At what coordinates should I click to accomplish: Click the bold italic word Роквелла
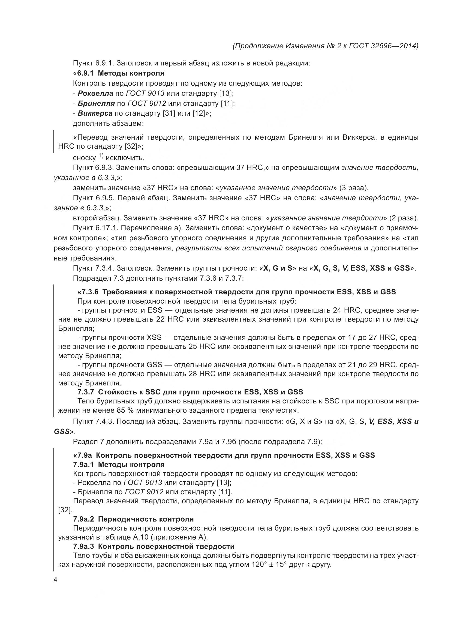click(x=95, y=93)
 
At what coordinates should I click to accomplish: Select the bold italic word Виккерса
click(x=95, y=113)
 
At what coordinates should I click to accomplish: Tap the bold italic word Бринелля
click(x=96, y=103)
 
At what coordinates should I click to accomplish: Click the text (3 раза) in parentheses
click(x=354, y=188)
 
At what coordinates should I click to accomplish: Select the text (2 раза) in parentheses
click(x=404, y=218)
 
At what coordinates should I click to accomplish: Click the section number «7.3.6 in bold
click(x=88, y=292)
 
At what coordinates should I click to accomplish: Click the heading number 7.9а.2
click(x=84, y=519)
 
